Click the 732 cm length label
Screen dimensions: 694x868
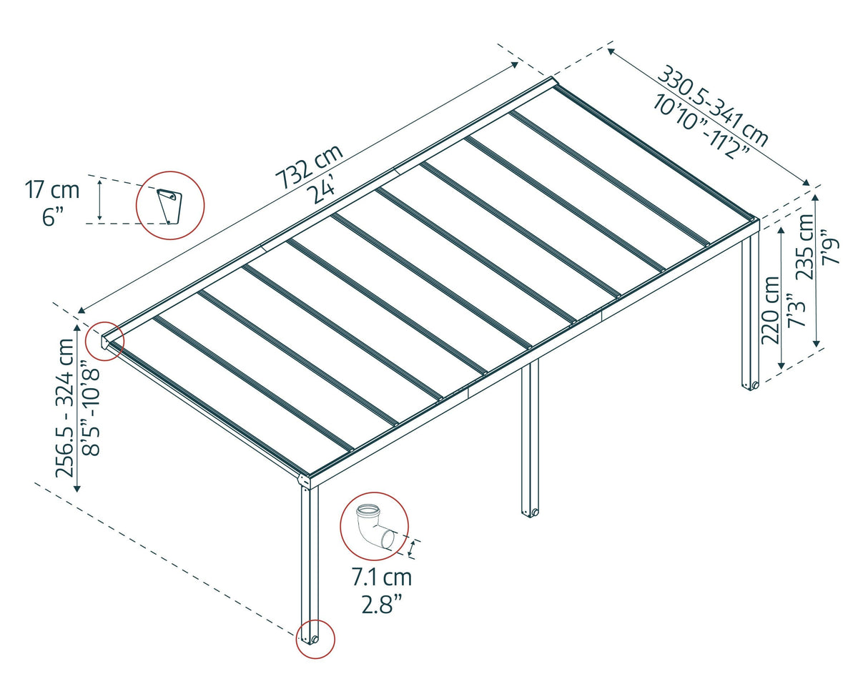click(310, 166)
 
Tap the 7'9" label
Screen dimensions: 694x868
click(831, 247)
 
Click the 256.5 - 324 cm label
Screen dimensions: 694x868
click(64, 407)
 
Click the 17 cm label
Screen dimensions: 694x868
click(52, 190)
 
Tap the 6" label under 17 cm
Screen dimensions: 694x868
click(53, 216)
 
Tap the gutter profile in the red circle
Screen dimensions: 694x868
click(170, 204)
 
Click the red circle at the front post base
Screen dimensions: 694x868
click(315, 638)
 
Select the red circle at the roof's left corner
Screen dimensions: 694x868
click(104, 341)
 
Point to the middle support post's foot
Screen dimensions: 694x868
click(530, 511)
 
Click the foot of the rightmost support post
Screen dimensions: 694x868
click(750, 385)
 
